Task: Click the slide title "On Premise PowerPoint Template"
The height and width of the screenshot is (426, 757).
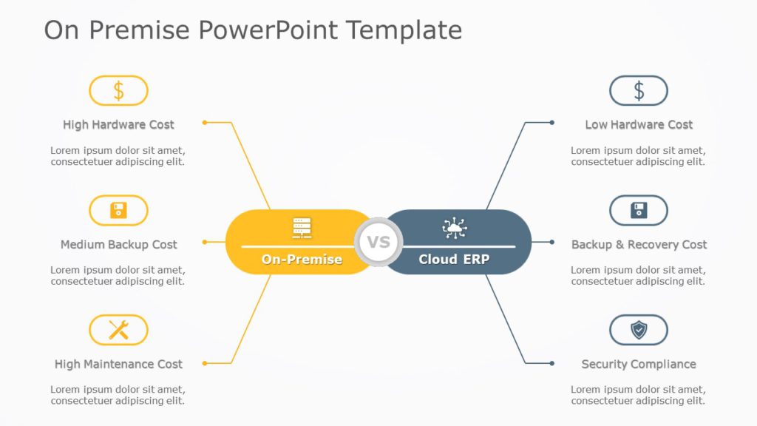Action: [x=253, y=30]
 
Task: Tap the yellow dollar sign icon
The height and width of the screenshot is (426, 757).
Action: [x=118, y=91]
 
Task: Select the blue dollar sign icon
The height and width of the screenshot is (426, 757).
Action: [x=639, y=91]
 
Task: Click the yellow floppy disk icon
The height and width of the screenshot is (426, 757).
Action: [x=118, y=211]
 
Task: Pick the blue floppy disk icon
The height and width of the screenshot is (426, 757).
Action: [x=639, y=211]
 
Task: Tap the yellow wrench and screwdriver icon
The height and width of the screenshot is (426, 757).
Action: [x=118, y=330]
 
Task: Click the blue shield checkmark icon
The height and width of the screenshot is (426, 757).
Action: [x=639, y=330]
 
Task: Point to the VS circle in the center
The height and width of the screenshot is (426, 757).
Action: [x=378, y=242]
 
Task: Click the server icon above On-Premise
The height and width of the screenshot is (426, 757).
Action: [x=302, y=228]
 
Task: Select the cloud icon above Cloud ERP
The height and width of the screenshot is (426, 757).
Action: [x=455, y=228]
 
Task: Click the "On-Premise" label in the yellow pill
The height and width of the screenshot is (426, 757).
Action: [x=302, y=260]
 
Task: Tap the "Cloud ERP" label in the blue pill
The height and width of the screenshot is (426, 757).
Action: [x=454, y=260]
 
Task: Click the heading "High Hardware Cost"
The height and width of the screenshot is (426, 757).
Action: [x=118, y=125]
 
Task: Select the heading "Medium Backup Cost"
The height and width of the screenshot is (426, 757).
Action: [x=118, y=245]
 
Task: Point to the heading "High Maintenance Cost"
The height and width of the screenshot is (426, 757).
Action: [x=118, y=365]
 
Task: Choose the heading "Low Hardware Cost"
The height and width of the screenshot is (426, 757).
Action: [x=639, y=125]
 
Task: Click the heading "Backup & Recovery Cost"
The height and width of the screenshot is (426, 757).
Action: [x=639, y=245]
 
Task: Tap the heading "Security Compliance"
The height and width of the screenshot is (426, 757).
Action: [x=639, y=365]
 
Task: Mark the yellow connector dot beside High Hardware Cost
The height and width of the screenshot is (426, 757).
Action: [x=205, y=122]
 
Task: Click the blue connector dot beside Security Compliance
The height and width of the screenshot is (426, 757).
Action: [x=551, y=362]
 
